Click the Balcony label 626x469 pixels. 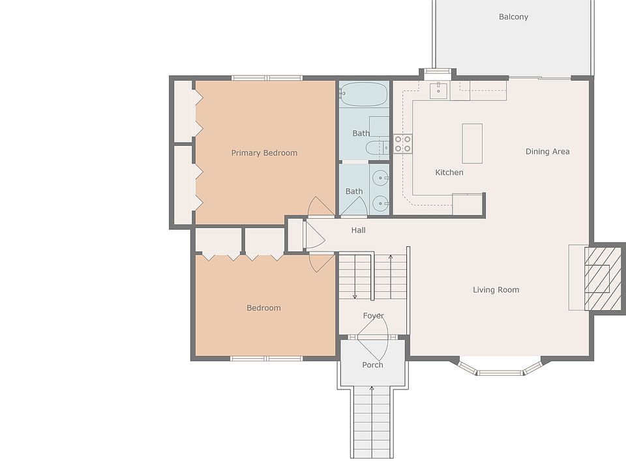513,17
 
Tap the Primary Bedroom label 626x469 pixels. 264,152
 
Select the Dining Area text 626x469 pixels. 547,152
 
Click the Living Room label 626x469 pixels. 496,290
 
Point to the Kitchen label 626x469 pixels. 449,172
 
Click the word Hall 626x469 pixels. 359,230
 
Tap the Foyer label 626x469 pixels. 373,316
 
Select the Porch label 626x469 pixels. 372,365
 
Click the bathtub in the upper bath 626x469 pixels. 364,94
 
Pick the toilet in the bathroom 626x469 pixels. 377,147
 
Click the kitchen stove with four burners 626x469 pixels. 402,144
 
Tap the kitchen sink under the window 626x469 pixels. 439,90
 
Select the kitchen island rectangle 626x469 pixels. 472,143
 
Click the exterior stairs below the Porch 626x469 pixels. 372,422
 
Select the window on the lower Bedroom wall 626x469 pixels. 266,358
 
